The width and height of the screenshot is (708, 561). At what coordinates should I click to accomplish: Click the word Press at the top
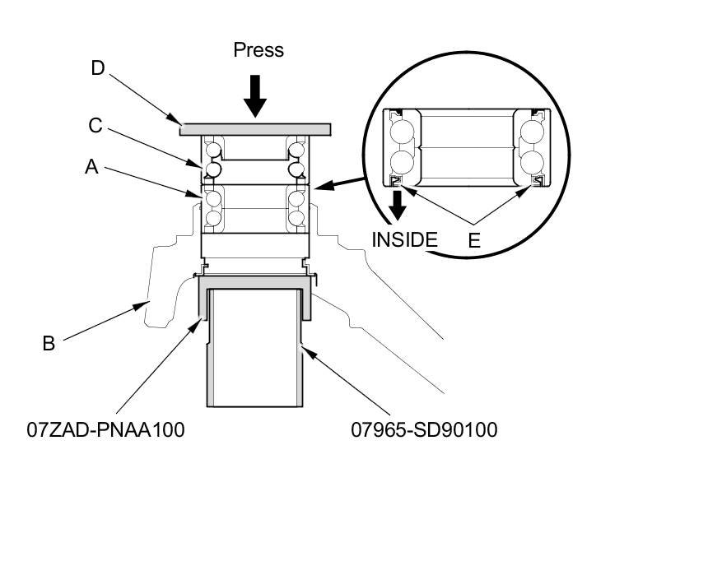pyautogui.click(x=259, y=50)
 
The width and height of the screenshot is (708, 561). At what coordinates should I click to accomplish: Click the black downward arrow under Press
pyautogui.click(x=256, y=95)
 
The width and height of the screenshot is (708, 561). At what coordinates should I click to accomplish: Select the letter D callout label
pyautogui.click(x=98, y=68)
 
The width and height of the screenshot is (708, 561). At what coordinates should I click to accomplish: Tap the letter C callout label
pyautogui.click(x=95, y=126)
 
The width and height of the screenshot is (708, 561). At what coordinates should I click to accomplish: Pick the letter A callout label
pyautogui.click(x=91, y=167)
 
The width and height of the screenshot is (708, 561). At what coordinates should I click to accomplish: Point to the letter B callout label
pyautogui.click(x=49, y=344)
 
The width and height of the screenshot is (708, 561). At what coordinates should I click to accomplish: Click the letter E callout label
pyautogui.click(x=474, y=241)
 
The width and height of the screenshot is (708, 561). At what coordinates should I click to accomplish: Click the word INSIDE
pyautogui.click(x=404, y=240)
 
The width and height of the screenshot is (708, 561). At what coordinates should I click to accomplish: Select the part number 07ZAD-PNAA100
pyautogui.click(x=105, y=429)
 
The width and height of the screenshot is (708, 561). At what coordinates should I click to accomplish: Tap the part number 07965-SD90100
pyautogui.click(x=424, y=429)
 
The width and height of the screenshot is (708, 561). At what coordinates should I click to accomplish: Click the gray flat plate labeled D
pyautogui.click(x=255, y=129)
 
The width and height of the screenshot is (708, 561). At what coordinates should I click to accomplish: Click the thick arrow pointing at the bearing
pyautogui.click(x=346, y=183)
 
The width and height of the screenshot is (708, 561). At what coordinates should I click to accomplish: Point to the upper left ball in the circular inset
pyautogui.click(x=403, y=132)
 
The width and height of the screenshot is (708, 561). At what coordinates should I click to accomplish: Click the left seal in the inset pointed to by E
pyautogui.click(x=396, y=180)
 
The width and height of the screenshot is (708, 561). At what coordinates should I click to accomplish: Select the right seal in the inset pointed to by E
pyautogui.click(x=538, y=180)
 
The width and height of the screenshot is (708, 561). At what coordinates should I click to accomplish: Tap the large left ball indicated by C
pyautogui.click(x=212, y=169)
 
